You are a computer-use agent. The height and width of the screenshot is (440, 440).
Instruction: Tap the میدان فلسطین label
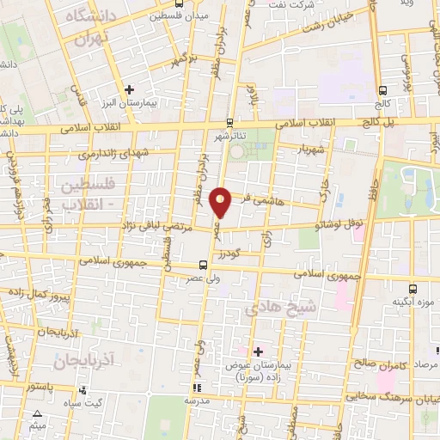pos(180,15)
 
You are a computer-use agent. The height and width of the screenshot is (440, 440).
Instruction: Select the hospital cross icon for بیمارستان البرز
pos(129,89)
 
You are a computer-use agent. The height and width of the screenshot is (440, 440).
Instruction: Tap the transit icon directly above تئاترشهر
pos(229,122)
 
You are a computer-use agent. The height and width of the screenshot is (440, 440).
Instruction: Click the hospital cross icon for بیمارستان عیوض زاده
pos(258,351)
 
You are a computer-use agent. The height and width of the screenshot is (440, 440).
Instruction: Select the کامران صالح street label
pos(376,366)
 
